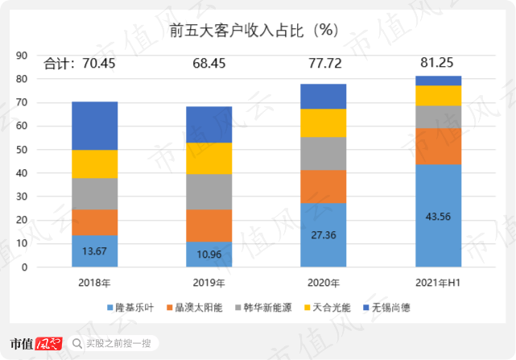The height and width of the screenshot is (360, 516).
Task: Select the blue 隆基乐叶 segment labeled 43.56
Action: click(x=438, y=216)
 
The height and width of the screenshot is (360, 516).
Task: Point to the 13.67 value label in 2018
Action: click(x=94, y=251)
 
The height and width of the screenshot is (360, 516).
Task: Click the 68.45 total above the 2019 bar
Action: click(x=208, y=63)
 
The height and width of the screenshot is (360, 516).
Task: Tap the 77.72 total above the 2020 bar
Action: click(x=323, y=63)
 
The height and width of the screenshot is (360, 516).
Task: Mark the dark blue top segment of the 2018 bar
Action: click(x=94, y=126)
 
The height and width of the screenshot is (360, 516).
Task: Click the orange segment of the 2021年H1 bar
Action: click(x=438, y=146)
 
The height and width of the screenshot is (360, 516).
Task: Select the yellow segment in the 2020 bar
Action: click(x=323, y=122)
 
